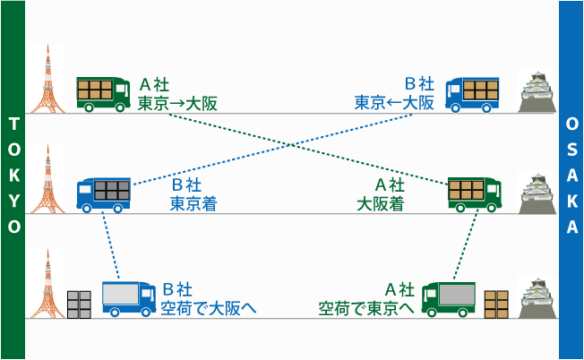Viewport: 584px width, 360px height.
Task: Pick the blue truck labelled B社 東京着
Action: pyautogui.click(x=104, y=193)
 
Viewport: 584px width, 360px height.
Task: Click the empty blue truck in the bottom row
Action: pyautogui.click(x=129, y=298)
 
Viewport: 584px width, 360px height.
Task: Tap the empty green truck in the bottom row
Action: pyautogui.click(x=449, y=298)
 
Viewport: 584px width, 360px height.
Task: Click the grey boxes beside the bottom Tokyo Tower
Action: pyautogui.click(x=80, y=304)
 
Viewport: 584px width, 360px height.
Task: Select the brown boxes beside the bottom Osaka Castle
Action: pyautogui.click(x=496, y=304)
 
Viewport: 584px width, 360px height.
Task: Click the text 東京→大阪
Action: pyautogui.click(x=178, y=102)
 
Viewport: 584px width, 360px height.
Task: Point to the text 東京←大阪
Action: pyautogui.click(x=395, y=102)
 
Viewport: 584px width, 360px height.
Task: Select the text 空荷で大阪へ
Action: pyautogui.click(x=209, y=308)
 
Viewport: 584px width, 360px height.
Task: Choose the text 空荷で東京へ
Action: pyautogui.click(x=366, y=308)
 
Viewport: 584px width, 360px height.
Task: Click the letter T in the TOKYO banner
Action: pyautogui.click(x=13, y=123)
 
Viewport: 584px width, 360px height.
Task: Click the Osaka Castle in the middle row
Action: pyautogui.click(x=538, y=193)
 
